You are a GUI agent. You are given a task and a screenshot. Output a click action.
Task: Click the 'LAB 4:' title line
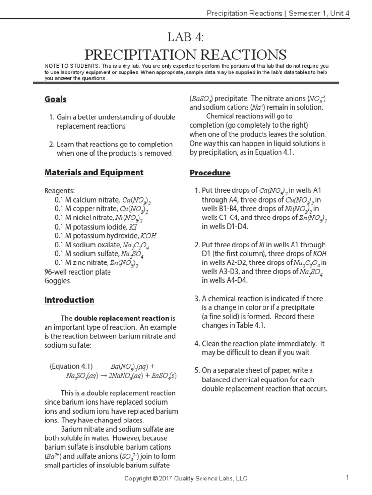point(186,37)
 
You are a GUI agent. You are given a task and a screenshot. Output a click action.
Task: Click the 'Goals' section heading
point(56,99)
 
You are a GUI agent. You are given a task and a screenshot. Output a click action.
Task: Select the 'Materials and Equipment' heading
point(94,172)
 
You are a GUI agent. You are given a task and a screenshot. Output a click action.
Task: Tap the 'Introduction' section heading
point(69,300)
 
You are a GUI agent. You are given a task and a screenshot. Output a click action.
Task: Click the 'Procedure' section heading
point(210,173)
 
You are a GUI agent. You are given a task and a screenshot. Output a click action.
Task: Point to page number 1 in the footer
point(348,478)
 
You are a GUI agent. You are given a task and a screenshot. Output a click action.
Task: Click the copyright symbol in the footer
point(155,479)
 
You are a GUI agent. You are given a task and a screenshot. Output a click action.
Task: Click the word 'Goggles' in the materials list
point(57,281)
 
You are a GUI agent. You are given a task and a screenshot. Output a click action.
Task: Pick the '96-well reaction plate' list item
point(77,272)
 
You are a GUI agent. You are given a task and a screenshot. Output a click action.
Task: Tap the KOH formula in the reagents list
point(148,236)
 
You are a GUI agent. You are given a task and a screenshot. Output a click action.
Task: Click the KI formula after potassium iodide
point(132,227)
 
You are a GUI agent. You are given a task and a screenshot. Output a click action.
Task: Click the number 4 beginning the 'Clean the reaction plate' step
point(197,344)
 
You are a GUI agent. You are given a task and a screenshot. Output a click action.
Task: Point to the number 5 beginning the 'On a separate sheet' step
point(197,371)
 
